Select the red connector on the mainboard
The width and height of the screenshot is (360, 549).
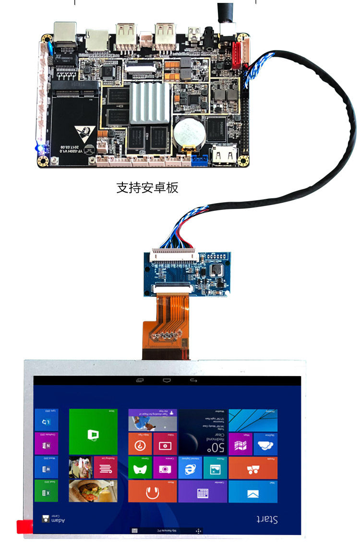[238, 52]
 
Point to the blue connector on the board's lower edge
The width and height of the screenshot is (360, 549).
[198, 160]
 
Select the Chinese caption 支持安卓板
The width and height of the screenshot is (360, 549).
[147, 187]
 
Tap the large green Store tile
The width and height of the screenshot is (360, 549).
[93, 431]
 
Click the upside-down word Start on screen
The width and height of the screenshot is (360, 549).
[267, 519]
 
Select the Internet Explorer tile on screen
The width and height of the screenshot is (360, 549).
[190, 467]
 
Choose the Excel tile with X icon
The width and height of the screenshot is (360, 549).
[46, 491]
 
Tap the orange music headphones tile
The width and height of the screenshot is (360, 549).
[152, 491]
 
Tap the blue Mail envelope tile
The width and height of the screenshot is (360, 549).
[252, 491]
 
